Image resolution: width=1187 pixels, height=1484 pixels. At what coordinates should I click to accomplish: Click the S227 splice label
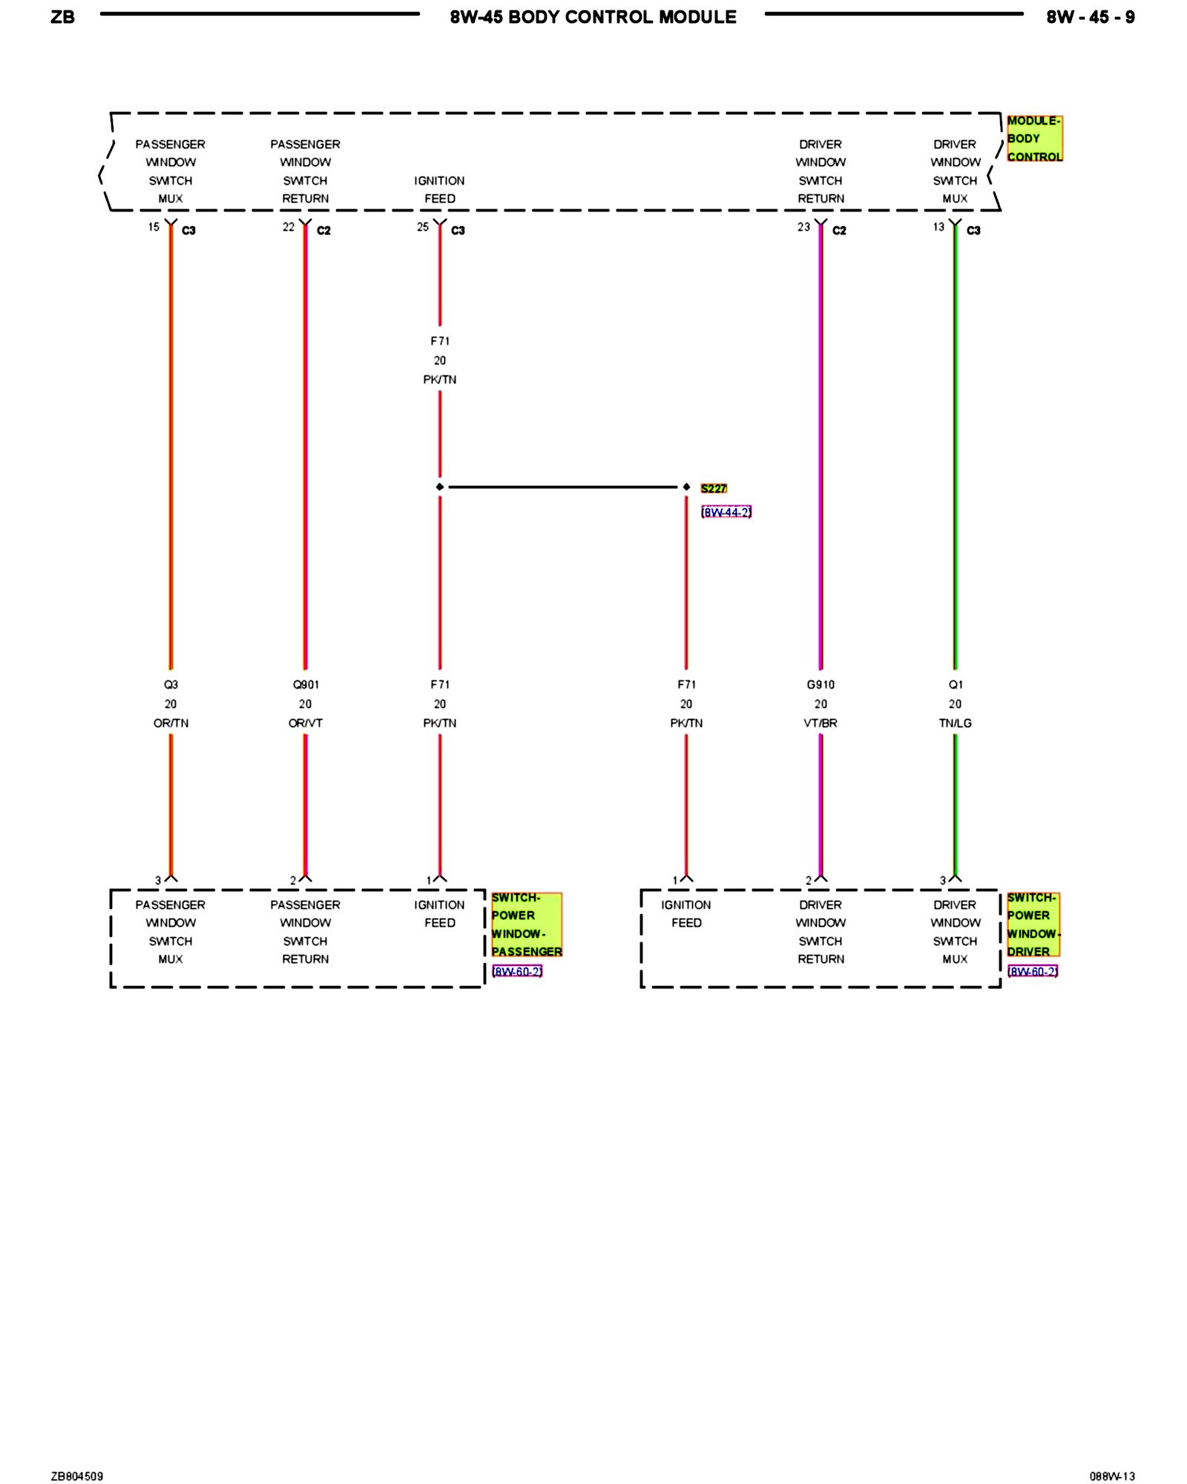tap(713, 488)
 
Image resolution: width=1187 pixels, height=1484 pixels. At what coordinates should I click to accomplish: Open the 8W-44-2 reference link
tap(726, 512)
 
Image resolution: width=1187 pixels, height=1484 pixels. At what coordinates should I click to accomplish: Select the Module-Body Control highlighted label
tap(1033, 139)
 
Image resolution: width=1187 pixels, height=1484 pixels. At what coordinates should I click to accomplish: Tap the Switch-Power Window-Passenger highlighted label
tap(526, 925)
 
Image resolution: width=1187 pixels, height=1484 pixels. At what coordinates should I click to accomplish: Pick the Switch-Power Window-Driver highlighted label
tap(1033, 925)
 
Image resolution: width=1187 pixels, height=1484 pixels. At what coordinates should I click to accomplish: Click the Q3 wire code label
tap(171, 684)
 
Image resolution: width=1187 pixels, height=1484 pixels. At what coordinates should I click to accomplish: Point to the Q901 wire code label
tap(305, 684)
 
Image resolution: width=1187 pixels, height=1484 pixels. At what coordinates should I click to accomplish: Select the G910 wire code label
tap(821, 684)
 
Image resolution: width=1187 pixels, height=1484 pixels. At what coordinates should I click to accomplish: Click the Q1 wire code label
tap(956, 684)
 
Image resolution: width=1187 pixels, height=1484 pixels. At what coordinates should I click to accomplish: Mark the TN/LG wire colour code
tap(955, 723)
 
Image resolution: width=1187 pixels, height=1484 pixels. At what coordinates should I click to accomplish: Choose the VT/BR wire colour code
tap(821, 723)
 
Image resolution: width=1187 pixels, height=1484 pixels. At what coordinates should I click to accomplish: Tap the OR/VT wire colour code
tap(305, 723)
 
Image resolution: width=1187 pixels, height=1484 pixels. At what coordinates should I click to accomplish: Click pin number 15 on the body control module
tap(154, 227)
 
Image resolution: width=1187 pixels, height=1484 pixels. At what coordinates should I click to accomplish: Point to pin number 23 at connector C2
tap(803, 227)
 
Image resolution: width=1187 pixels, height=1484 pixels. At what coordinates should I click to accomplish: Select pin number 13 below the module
tap(938, 227)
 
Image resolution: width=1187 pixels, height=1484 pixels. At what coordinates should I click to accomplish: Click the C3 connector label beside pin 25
tap(458, 231)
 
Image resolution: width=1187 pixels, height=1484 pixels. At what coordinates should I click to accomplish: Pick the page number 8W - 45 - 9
tap(1090, 17)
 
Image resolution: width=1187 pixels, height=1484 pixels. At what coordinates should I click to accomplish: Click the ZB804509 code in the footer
tap(77, 1476)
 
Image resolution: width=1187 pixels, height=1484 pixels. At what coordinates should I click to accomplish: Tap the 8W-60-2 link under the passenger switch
tap(516, 971)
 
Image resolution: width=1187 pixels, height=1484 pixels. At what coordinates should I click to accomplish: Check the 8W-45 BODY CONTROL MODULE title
tap(593, 17)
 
